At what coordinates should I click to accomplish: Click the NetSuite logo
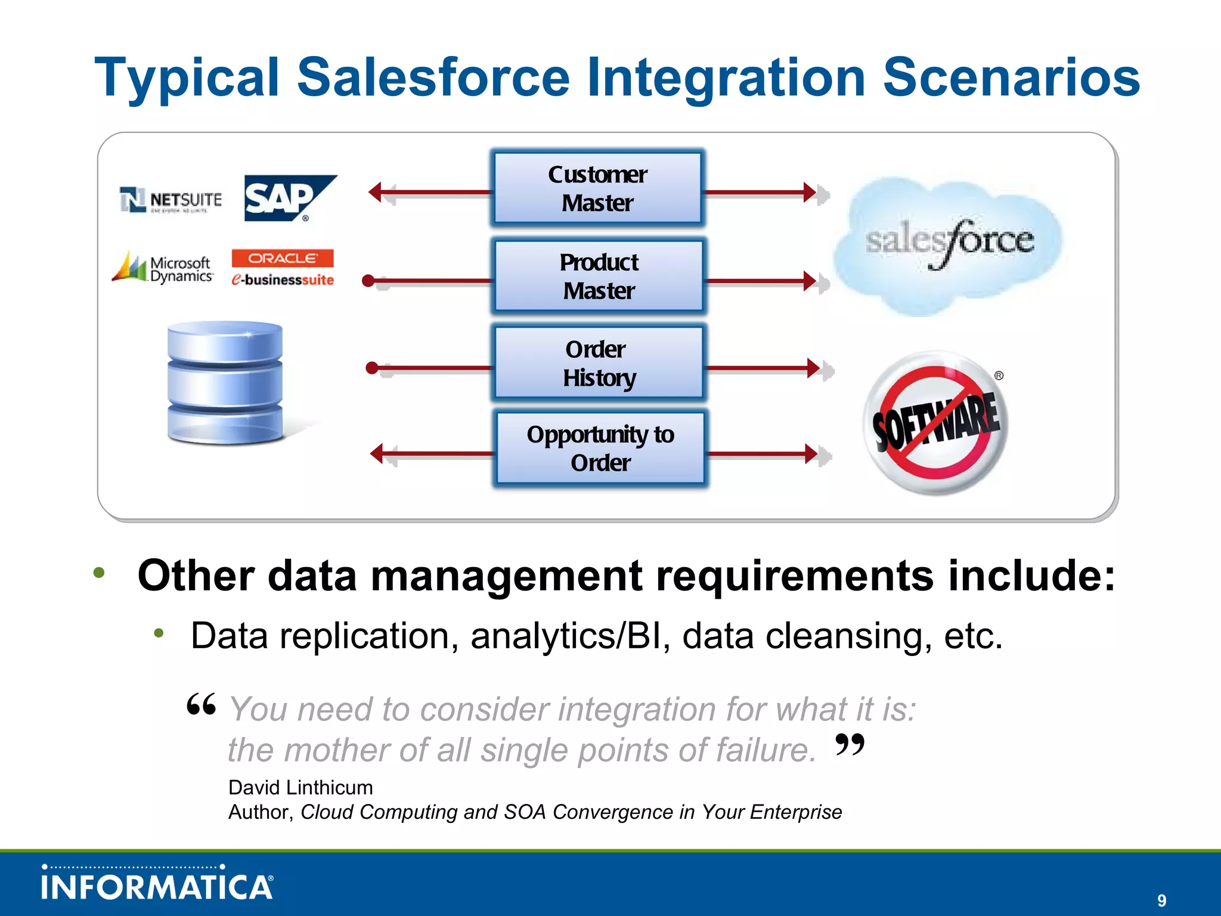[171, 200]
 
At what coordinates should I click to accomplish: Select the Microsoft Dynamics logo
[163, 267]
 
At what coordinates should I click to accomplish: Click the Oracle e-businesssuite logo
[283, 268]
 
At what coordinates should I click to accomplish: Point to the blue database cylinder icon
[225, 382]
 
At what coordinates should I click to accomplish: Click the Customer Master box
[597, 188]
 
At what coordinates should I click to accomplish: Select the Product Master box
[599, 276]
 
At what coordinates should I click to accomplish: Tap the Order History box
[599, 363]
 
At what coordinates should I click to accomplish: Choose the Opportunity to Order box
[600, 448]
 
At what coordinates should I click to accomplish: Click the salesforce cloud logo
[948, 245]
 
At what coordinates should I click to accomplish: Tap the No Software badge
[935, 423]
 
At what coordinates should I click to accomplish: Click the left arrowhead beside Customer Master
[376, 192]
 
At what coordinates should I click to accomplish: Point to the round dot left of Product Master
[368, 280]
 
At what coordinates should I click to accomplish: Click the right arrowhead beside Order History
[814, 368]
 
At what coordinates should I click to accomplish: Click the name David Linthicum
[300, 787]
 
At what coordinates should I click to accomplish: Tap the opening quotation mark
[201, 705]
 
